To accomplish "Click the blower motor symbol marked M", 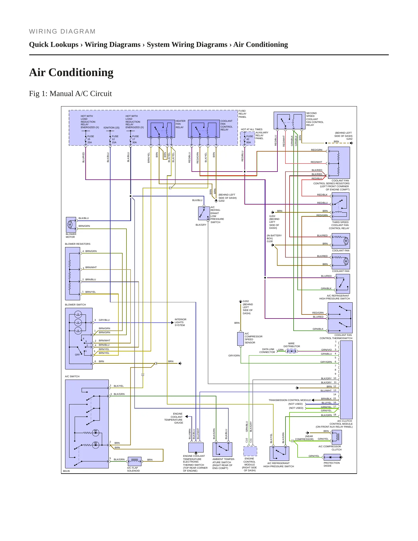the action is pyautogui.click(x=70, y=225).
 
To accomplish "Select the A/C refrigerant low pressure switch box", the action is pyautogui.click(x=204, y=214).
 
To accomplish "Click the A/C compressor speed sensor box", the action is pyautogui.click(x=240, y=339).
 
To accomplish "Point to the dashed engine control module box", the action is pyautogui.click(x=250, y=451).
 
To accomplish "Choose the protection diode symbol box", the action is pyautogui.click(x=332, y=457).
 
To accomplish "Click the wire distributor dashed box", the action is pyautogui.click(x=292, y=351).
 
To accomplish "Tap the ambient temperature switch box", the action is pyautogui.click(x=222, y=449).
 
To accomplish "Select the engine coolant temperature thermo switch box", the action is pyautogui.click(x=196, y=447).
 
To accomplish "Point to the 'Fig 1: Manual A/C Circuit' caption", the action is pyautogui.click(x=70, y=93).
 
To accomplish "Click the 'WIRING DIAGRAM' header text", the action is pyautogui.click(x=62, y=32).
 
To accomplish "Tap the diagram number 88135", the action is pyautogui.click(x=66, y=471).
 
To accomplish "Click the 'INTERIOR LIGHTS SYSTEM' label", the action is pyautogui.click(x=181, y=322).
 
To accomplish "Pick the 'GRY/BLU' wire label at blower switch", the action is pyautogui.click(x=104, y=320).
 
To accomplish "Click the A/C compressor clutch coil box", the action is pyautogui.click(x=337, y=437).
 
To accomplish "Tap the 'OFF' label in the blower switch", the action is pyautogui.click(x=77, y=355).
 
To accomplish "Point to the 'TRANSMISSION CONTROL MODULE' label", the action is pyautogui.click(x=290, y=400).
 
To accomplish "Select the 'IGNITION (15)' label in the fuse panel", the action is pyautogui.click(x=111, y=128).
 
